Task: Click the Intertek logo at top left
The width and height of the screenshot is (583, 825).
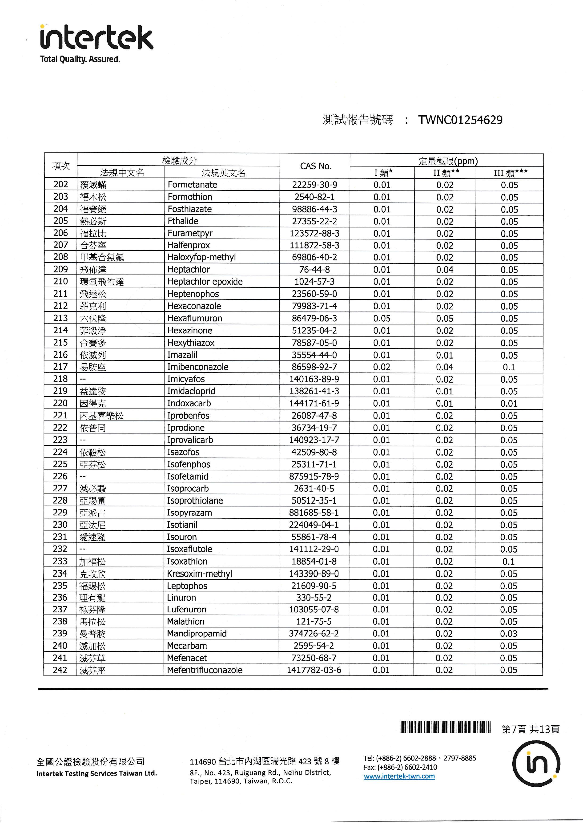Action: click(x=96, y=37)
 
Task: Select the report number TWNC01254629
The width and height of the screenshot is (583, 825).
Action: click(x=460, y=120)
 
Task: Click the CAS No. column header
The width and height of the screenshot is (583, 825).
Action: click(x=315, y=166)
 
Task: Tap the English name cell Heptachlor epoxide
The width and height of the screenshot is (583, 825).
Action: click(x=205, y=282)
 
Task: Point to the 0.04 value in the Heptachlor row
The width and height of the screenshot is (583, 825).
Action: click(x=445, y=270)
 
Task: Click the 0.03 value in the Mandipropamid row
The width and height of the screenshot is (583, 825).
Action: click(x=509, y=634)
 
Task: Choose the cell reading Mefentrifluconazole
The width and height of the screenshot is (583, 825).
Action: click(x=204, y=670)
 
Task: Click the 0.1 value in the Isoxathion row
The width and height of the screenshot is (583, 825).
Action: click(x=509, y=561)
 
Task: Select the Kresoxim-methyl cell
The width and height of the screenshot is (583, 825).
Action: click(x=199, y=574)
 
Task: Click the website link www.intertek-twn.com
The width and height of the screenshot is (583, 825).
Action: click(x=399, y=776)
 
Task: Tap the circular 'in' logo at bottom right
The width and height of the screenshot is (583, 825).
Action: click(x=536, y=764)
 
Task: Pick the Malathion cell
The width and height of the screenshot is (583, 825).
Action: click(x=186, y=622)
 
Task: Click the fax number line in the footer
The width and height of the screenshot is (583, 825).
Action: click(x=400, y=767)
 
